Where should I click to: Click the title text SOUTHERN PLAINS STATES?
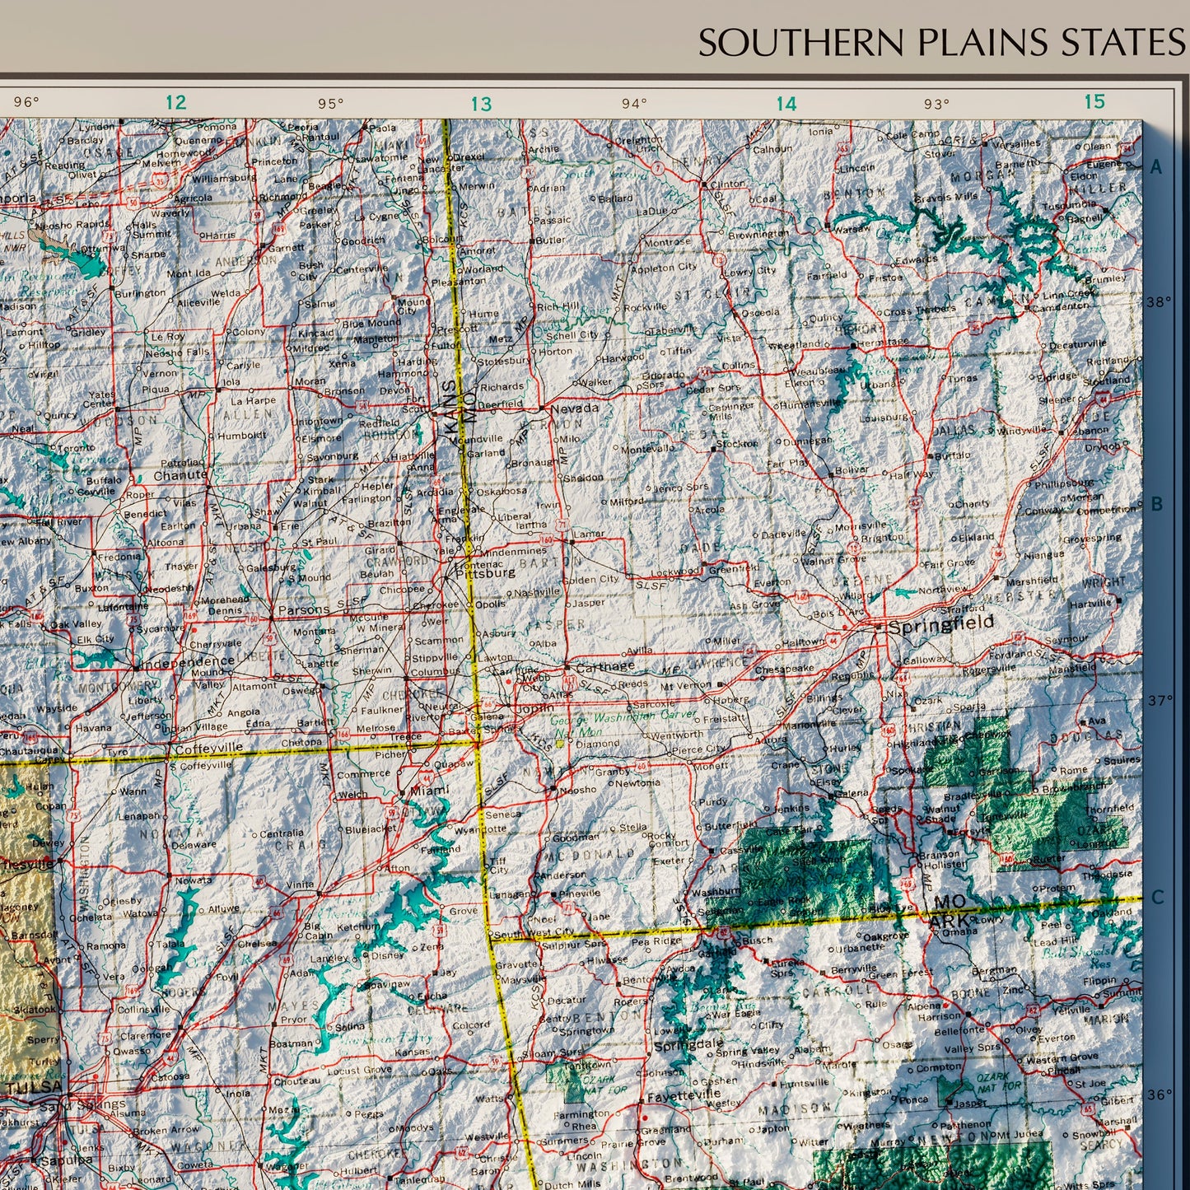click(x=941, y=42)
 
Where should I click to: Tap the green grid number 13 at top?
click(x=481, y=105)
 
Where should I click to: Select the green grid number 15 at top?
click(x=1094, y=101)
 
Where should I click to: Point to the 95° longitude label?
click(x=331, y=104)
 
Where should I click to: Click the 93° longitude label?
click(x=936, y=104)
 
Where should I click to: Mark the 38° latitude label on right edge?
click(x=1158, y=302)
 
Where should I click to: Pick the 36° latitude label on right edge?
click(x=1158, y=1094)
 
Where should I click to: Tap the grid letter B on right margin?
click(x=1156, y=504)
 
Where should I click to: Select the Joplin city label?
click(x=534, y=708)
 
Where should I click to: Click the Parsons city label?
click(x=304, y=611)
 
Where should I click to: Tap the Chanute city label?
click(x=180, y=475)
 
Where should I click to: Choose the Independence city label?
click(x=189, y=661)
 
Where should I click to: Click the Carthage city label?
click(x=604, y=667)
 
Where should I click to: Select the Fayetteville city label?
click(x=684, y=1097)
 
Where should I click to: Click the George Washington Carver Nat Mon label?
click(x=623, y=721)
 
